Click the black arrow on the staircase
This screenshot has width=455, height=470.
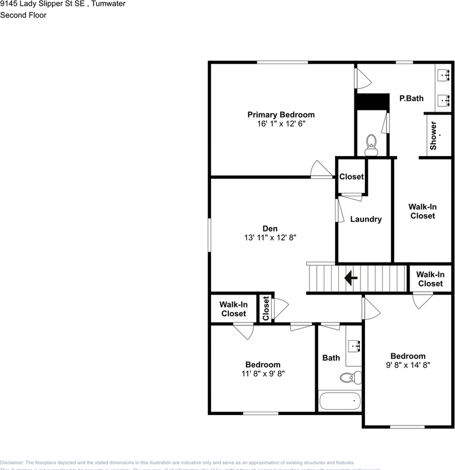coord(351,279)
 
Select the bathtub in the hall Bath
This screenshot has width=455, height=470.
coord(340,400)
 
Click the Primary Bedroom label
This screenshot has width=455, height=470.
coord(281,115)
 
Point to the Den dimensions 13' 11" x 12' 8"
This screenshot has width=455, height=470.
coord(270,237)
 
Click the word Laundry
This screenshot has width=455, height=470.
coord(365,219)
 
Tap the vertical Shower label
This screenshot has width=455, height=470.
coord(433,136)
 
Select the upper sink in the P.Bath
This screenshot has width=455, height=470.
coord(445,75)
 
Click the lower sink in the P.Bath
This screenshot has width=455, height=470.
coord(445,100)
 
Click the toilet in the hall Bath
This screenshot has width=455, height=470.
coord(350,377)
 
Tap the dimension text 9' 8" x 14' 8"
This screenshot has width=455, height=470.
coord(407,365)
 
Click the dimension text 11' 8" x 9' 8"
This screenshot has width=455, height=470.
coord(263,373)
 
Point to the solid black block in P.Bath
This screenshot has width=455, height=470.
coord(372,102)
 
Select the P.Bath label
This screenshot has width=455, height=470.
coord(411,98)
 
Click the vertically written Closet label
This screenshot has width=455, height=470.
coord(265,308)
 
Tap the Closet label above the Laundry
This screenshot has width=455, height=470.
coord(352,177)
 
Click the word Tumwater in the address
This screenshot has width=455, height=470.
coord(108,4)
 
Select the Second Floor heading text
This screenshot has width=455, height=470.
coord(24,15)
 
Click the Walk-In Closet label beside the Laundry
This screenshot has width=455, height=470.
coord(423,211)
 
